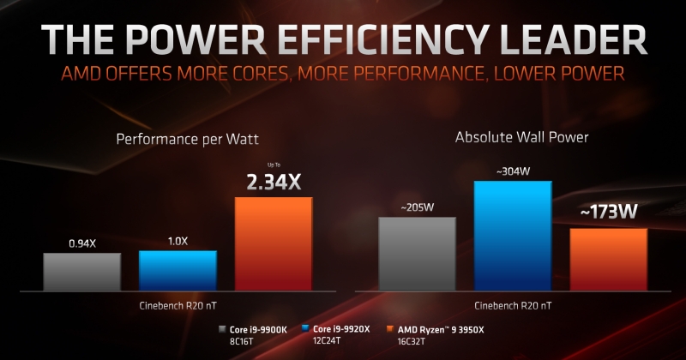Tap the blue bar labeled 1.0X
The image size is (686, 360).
tap(178, 269)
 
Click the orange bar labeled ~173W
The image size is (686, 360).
tap(608, 258)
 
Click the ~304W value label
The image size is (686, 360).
tap(513, 171)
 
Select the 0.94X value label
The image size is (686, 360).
tap(82, 243)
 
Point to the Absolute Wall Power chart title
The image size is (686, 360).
tap(510, 136)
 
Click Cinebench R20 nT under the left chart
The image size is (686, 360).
tap(178, 305)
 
